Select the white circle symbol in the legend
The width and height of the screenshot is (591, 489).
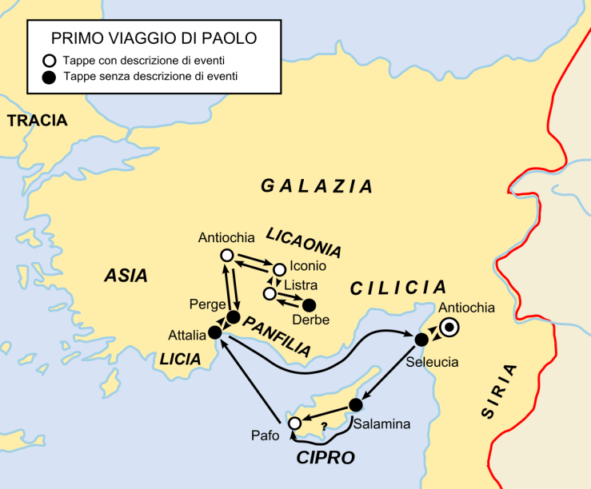coord(50,60)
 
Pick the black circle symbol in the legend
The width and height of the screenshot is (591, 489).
coord(50,78)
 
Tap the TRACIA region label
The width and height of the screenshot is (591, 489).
coord(38,121)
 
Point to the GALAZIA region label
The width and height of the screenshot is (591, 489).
coord(317,186)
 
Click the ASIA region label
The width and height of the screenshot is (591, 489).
coord(126,276)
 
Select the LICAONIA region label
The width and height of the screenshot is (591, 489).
coord(303,243)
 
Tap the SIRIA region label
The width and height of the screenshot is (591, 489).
coord(499,391)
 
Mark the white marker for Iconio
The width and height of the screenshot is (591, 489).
coord(279,269)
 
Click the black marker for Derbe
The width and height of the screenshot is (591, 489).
coord(308,304)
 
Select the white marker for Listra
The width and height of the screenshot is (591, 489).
coord(270,295)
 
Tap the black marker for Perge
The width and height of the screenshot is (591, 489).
coord(233,317)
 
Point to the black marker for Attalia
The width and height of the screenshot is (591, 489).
coord(214,332)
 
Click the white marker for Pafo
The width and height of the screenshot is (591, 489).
coord(295,423)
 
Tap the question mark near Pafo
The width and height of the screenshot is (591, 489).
coord(323,427)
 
